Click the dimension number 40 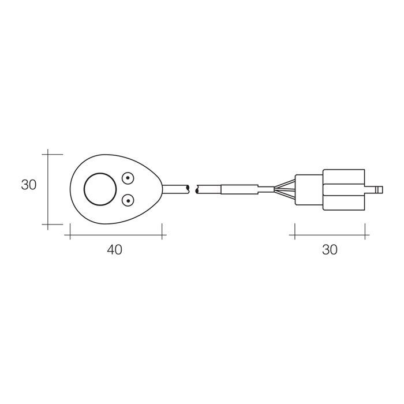[115, 250]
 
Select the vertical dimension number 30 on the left [29, 185]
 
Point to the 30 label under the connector [330, 250]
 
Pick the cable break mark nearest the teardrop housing [188, 189]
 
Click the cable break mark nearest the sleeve [197, 189]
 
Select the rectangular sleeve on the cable [240, 189]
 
